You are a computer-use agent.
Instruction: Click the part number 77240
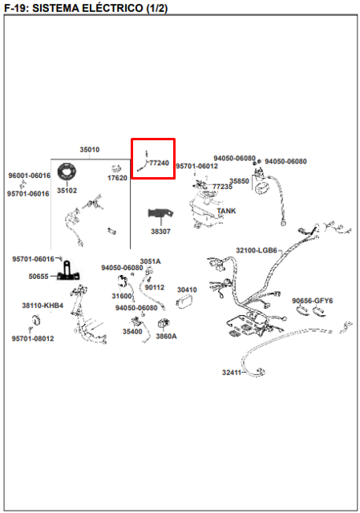click(159, 163)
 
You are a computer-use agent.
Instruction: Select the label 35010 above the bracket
click(90, 150)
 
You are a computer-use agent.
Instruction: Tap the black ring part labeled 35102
click(67, 172)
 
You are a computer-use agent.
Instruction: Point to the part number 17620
click(117, 178)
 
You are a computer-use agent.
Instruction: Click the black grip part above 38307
click(160, 213)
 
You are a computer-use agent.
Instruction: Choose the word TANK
click(226, 211)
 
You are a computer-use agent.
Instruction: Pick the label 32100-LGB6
click(257, 251)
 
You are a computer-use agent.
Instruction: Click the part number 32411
click(232, 372)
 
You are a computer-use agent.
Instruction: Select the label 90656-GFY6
click(312, 301)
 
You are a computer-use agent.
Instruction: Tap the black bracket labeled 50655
click(68, 271)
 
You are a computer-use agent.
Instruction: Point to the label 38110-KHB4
click(42, 305)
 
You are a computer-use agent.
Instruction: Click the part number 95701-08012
click(33, 338)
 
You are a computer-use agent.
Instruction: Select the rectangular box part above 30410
click(184, 301)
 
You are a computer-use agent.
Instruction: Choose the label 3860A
click(166, 337)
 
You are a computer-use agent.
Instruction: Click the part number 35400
click(132, 332)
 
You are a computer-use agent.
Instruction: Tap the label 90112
click(155, 288)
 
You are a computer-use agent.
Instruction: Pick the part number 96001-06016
click(30, 176)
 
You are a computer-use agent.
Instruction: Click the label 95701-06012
click(196, 166)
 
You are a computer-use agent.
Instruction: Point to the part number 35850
click(239, 181)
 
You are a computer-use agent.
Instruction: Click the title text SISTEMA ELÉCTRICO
click(87, 8)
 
